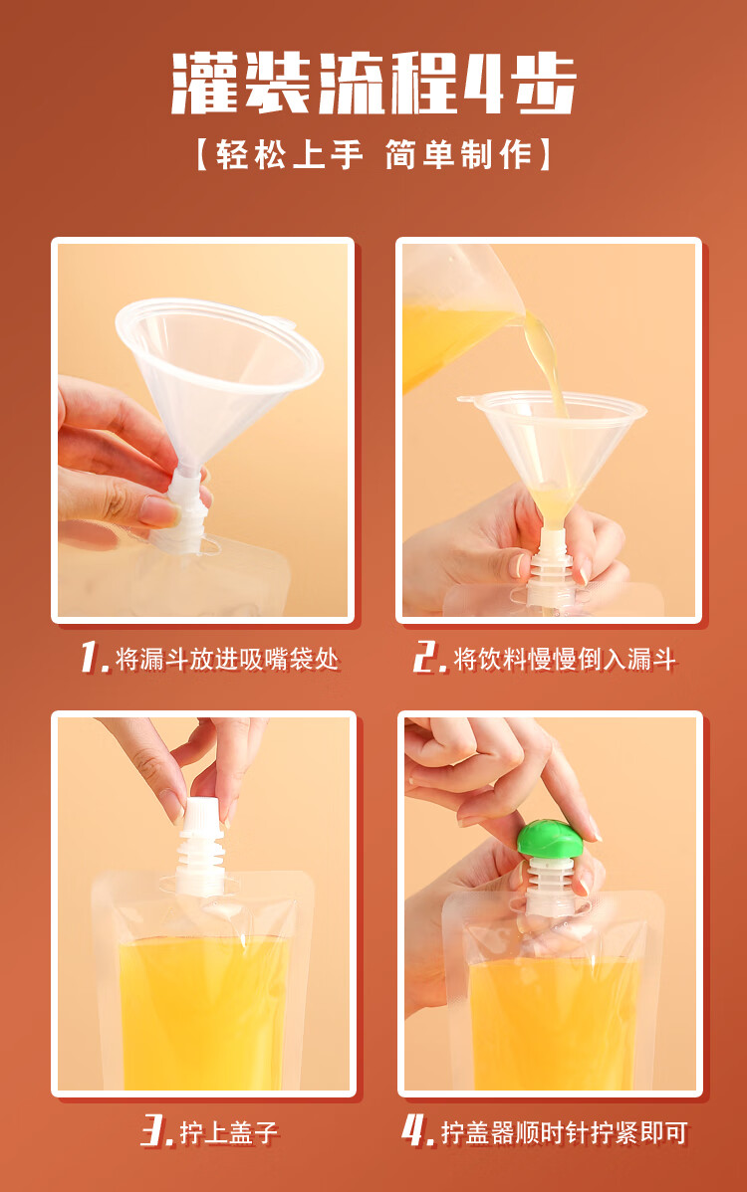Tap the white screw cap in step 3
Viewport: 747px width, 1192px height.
[x=201, y=813]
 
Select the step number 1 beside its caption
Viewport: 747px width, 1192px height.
[x=95, y=658]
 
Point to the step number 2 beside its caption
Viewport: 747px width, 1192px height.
[x=429, y=658]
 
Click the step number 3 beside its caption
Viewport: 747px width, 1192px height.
[x=156, y=1130]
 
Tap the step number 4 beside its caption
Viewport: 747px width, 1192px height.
[x=417, y=1130]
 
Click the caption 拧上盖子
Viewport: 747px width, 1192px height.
[x=229, y=1132]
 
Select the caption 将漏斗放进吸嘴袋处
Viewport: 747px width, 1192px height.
[x=227, y=659]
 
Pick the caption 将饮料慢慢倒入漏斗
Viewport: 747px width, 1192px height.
[x=565, y=659]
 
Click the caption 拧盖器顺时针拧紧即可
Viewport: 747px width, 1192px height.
[x=565, y=1132]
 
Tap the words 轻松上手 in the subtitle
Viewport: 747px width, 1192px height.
[x=290, y=155]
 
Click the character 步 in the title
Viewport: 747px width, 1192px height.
[x=543, y=84]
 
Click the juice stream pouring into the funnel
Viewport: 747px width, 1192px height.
[x=548, y=365]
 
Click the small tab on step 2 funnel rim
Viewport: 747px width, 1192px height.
[x=465, y=398]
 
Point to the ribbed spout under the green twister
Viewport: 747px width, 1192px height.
[x=549, y=886]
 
